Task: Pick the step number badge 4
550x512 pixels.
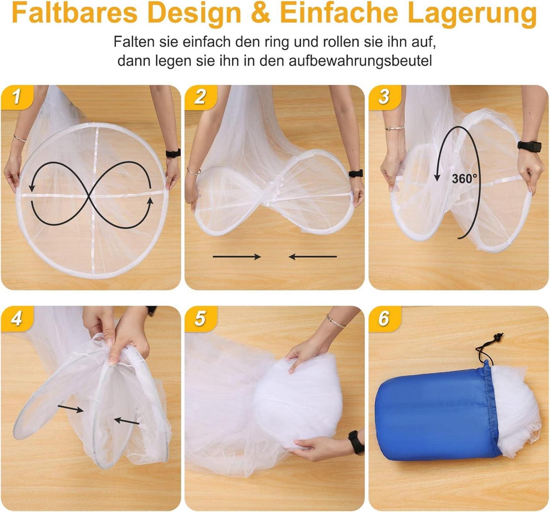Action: tap(17, 318)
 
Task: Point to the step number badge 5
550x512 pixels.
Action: tap(200, 318)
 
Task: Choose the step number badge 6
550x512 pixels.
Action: tap(384, 318)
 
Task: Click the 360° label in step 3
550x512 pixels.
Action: tap(464, 178)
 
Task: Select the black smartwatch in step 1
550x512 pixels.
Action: tap(173, 153)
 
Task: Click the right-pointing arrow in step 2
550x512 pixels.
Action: tap(237, 256)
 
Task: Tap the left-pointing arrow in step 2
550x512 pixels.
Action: tap(312, 256)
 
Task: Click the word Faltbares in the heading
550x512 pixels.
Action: tap(74, 13)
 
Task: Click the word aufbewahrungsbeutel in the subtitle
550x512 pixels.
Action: tap(360, 61)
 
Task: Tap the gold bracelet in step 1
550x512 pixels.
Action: tap(19, 138)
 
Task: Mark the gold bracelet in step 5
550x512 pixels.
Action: tap(335, 321)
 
